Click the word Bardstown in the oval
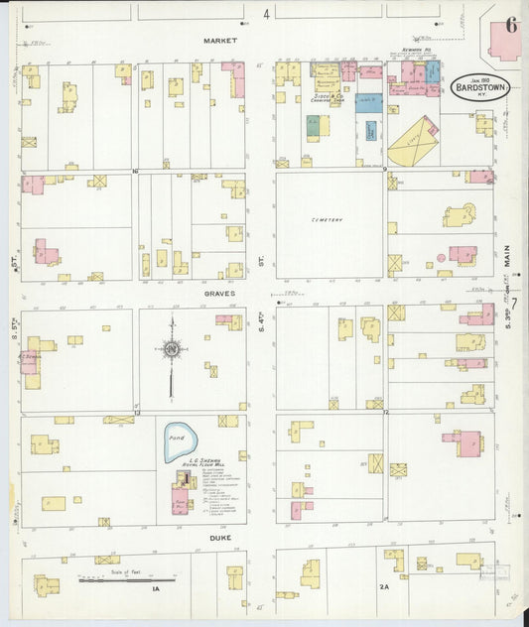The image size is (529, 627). (x=483, y=89)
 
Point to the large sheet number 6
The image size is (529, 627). (x=509, y=25)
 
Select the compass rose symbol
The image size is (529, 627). (x=172, y=349)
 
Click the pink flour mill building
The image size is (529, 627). (x=181, y=498)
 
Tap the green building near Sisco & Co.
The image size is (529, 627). (x=313, y=127)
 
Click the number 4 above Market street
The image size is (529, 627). (x=266, y=15)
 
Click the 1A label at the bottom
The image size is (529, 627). (x=156, y=589)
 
